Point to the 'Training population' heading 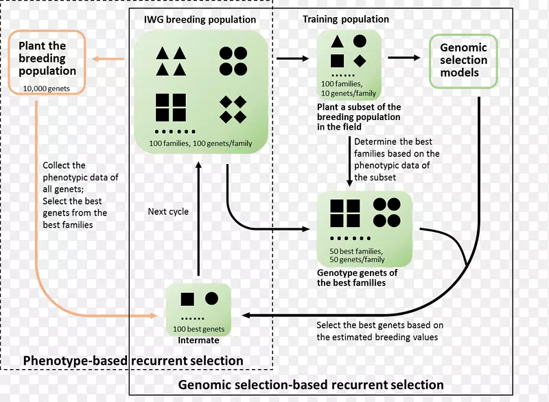346,19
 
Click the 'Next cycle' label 168,211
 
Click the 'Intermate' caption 198,340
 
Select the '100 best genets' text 198,329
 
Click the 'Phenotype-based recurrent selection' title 133,361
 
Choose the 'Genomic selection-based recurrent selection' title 311,385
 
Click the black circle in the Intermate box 211,298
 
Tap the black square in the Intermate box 186,299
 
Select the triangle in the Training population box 337,43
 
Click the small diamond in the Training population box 360,60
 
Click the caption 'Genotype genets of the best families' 357,277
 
